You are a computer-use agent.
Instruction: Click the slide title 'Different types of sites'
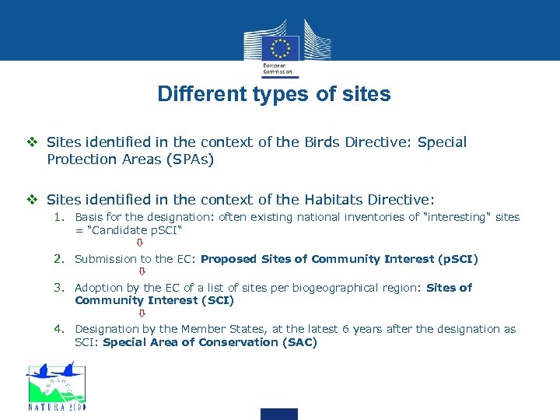pos(274,95)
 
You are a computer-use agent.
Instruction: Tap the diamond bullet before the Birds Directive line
pos(34,142)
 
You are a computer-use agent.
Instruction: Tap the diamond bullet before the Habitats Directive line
pos(34,199)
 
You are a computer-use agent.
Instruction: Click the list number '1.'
pos(60,218)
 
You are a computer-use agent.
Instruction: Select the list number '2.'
pos(60,259)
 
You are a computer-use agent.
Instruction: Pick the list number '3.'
pos(60,288)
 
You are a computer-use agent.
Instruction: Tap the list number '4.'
pos(60,329)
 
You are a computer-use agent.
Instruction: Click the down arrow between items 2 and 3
pos(142,272)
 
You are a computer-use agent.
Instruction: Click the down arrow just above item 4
pos(142,313)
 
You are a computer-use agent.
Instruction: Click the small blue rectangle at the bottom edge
pos(278,414)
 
